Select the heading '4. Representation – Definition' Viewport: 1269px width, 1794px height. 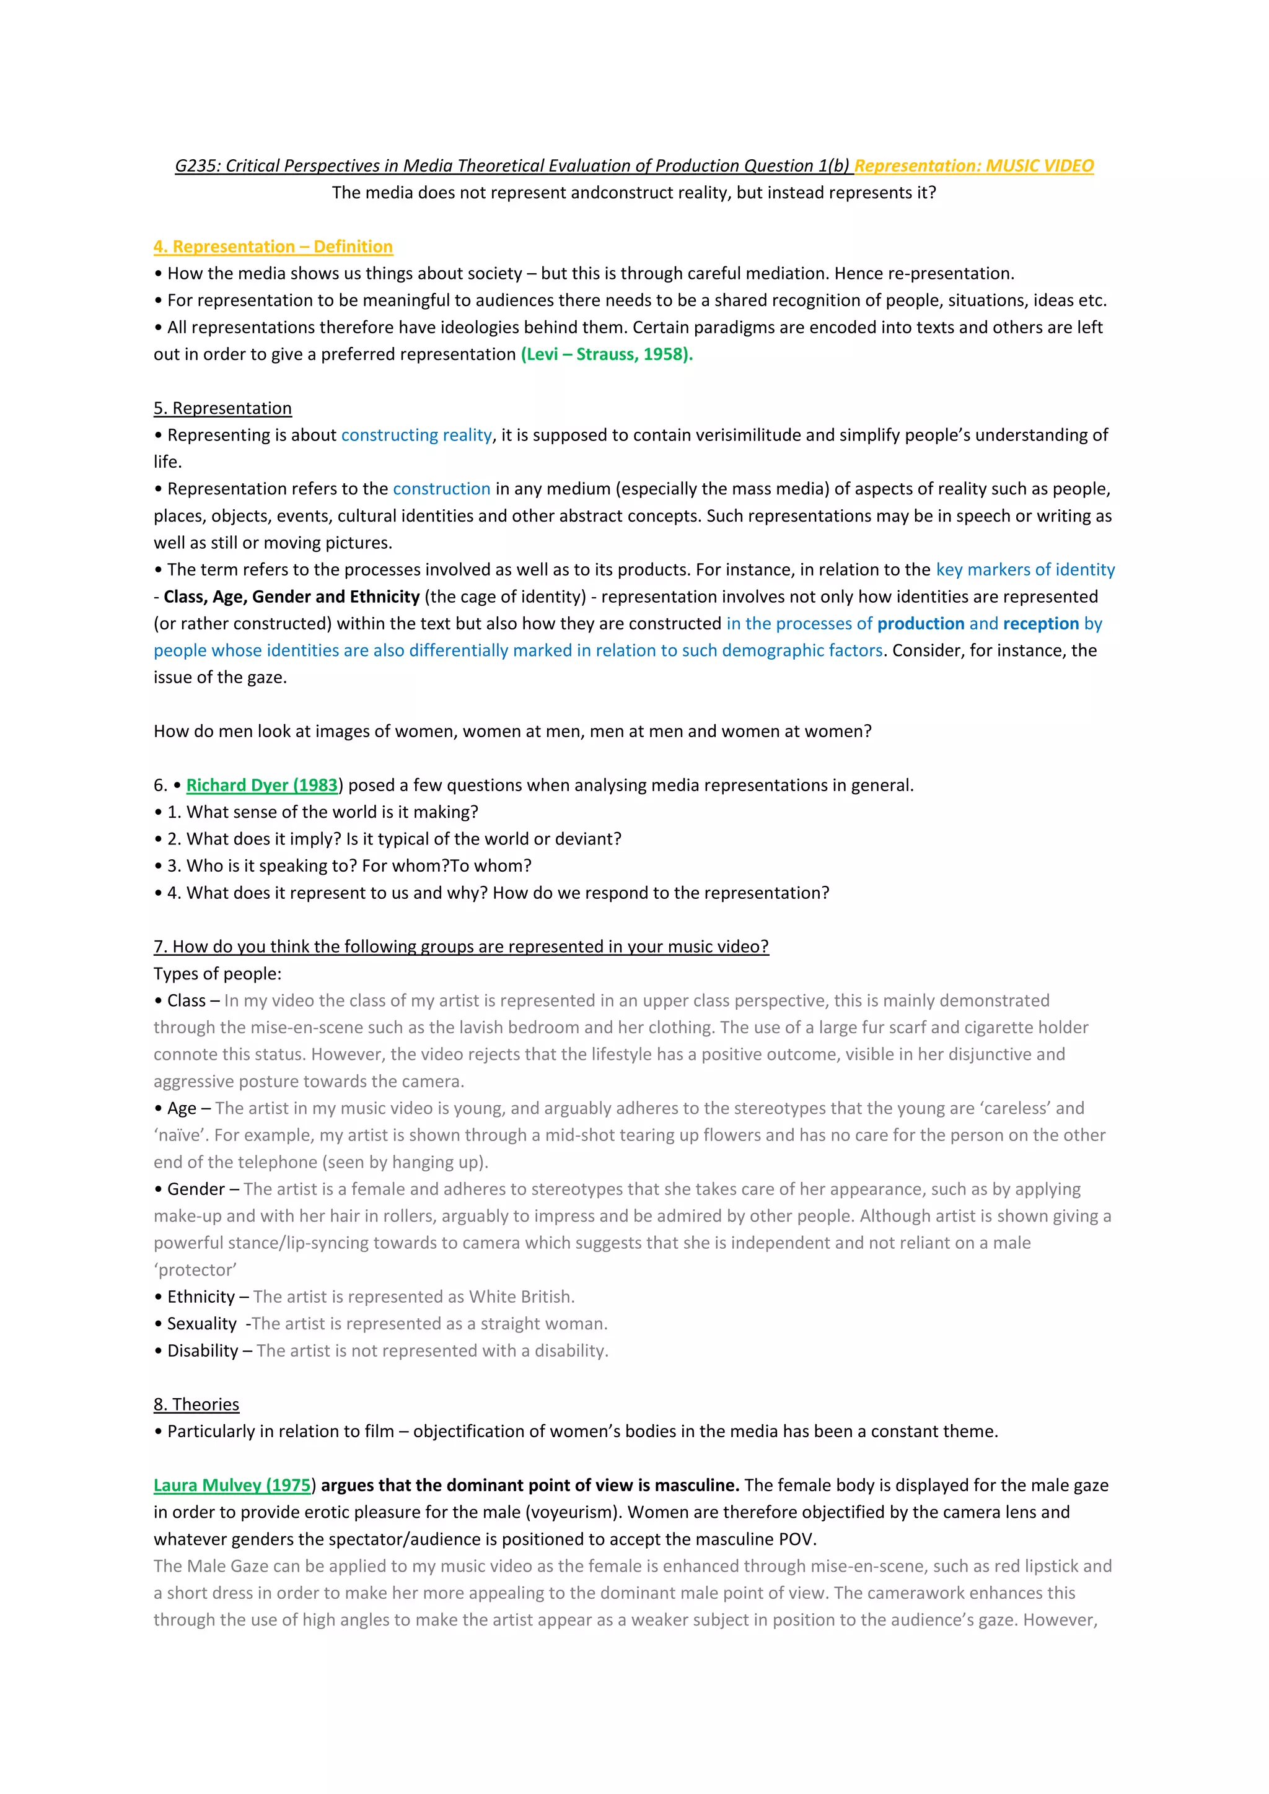pos(273,247)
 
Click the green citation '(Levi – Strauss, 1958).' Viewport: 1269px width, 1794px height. pos(607,355)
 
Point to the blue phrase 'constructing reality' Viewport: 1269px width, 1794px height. pos(416,435)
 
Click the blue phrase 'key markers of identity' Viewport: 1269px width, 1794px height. pos(1025,570)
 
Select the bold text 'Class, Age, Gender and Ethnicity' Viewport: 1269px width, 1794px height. pos(291,597)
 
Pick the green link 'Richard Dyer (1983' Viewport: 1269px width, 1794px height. pos(261,785)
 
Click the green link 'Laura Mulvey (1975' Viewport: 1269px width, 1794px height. pos(232,1486)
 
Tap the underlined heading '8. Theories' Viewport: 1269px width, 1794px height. pos(196,1404)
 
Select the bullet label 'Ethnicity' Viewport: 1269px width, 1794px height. pos(201,1297)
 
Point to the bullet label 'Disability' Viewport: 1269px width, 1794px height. pos(203,1351)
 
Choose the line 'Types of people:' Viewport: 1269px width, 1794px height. pos(217,974)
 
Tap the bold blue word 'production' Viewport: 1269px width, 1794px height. pos(921,624)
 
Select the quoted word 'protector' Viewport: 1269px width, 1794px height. pos(195,1270)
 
